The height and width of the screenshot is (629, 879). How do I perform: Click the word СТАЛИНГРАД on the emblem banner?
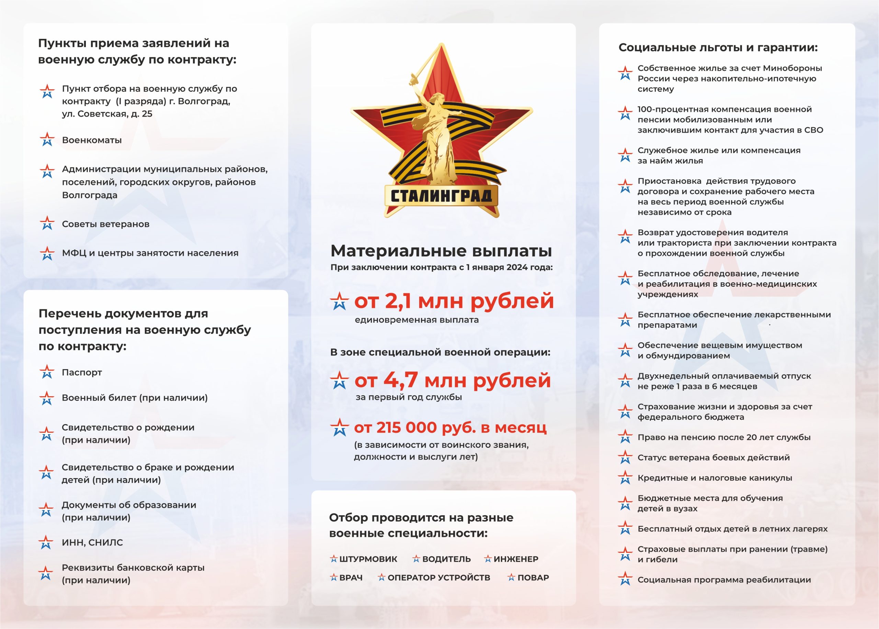pos(441,196)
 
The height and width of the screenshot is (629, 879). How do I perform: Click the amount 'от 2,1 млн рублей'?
pos(454,301)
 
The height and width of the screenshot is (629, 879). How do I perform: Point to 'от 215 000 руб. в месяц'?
pos(450,428)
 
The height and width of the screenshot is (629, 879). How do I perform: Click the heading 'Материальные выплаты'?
pos(441,251)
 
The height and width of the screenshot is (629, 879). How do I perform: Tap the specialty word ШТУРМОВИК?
pos(368,559)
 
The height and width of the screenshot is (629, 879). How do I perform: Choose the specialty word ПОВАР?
pos(533,577)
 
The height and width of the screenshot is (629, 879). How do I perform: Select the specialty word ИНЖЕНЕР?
pos(516,559)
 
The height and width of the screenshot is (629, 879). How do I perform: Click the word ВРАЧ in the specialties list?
pos(351,577)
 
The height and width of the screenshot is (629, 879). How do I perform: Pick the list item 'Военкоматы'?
pos(92,140)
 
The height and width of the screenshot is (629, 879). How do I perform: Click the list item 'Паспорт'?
pos(82,372)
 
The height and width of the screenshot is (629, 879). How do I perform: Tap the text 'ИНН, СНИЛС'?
pos(92,542)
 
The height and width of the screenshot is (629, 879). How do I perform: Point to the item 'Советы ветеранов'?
pos(106,224)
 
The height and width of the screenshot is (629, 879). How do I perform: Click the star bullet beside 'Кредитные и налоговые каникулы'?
pos(625,478)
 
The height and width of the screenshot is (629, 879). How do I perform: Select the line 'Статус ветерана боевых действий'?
pos(714,457)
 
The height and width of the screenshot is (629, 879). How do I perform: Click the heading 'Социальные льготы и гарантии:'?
pos(718,48)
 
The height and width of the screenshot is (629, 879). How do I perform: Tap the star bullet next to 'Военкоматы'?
pos(47,140)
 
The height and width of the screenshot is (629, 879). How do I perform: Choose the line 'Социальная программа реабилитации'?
pos(724,580)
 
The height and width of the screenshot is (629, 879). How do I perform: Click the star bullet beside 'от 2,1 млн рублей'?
pos(339,301)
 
